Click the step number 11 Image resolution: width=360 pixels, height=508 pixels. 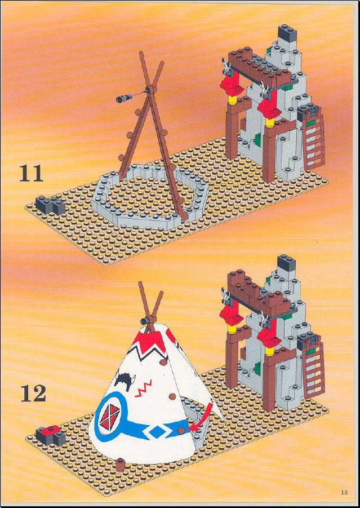click(31, 173)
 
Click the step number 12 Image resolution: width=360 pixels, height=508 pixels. click(33, 394)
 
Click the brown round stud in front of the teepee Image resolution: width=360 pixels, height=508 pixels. click(121, 465)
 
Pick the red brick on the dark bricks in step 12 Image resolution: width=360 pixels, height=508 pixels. click(52, 430)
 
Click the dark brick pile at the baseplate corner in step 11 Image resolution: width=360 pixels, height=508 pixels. click(50, 205)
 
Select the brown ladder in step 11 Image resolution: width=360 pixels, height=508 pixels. click(314, 143)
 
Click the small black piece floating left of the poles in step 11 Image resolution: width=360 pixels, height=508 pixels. click(124, 97)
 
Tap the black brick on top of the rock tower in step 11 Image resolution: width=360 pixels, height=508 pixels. click(287, 34)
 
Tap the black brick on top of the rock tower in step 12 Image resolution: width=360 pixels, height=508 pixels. click(287, 263)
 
